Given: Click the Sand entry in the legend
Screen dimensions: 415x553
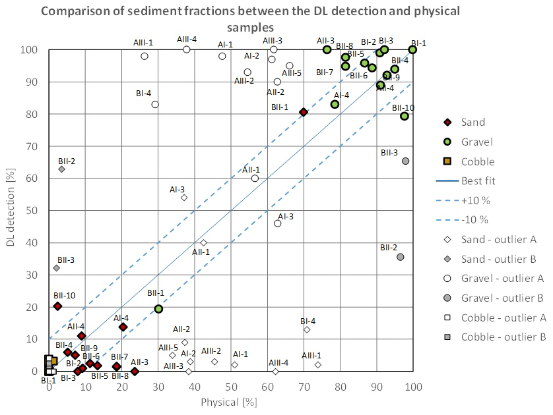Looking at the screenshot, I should [x=472, y=122].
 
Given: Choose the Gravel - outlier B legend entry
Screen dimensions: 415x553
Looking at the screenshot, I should [x=502, y=298].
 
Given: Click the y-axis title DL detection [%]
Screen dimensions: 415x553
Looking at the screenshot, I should [x=10, y=211].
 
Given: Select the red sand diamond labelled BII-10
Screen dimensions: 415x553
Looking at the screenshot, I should [x=57, y=306].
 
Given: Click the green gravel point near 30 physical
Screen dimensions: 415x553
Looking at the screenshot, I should [x=158, y=308].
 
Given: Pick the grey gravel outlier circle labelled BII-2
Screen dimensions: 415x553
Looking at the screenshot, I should [x=400, y=257].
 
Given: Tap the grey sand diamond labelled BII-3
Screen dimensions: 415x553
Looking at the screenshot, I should [x=57, y=268].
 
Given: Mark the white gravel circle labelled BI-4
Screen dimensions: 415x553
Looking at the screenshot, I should [x=155, y=104].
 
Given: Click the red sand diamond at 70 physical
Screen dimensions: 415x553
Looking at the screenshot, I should [x=304, y=113].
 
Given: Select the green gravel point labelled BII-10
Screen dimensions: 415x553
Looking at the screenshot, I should [x=405, y=116].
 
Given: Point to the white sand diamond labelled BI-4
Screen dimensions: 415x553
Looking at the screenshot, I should [x=307, y=329].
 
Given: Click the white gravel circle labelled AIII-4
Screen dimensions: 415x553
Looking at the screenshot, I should [x=187, y=49].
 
